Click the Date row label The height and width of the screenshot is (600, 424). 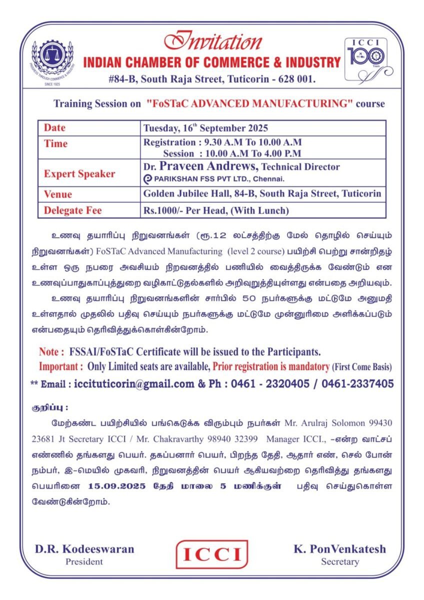(x=54, y=127)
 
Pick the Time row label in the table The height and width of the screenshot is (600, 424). (x=55, y=143)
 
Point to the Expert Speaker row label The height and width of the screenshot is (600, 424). (x=79, y=174)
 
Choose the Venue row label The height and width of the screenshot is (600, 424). (x=58, y=194)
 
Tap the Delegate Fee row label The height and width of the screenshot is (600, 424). (x=72, y=210)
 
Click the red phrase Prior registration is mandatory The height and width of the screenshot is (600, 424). (x=270, y=366)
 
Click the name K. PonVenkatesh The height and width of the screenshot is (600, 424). (x=340, y=549)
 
